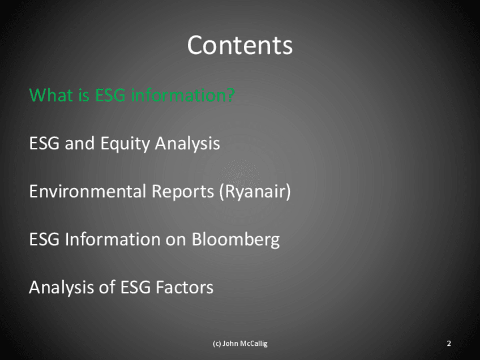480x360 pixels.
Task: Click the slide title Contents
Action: [239, 45]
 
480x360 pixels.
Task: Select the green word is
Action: [84, 95]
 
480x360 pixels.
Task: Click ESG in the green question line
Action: [110, 95]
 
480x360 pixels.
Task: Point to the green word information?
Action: [183, 95]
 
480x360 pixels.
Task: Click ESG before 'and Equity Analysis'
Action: [44, 143]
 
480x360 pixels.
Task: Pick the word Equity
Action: [125, 144]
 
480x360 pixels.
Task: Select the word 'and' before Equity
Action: [80, 143]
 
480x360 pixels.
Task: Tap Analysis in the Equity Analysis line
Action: [187, 144]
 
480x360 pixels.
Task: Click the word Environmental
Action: [88, 191]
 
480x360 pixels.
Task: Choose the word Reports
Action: [183, 192]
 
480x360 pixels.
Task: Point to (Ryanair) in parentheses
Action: [255, 192]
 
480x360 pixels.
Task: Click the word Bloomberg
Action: [235, 239]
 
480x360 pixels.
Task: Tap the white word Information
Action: [113, 239]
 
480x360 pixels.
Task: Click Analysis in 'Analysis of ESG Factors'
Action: [61, 288]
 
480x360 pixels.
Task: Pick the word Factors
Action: [185, 288]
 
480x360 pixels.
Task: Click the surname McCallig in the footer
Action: [254, 344]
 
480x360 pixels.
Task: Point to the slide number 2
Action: [449, 344]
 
